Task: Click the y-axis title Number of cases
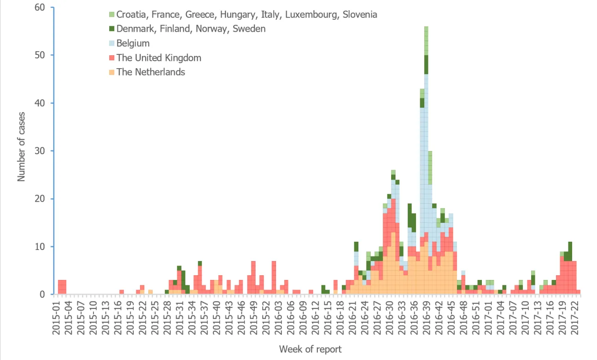coord(22,151)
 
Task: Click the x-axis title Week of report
coord(310,349)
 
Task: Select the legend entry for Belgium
coord(133,43)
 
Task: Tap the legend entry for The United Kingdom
coord(159,58)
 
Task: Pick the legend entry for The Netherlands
coord(151,72)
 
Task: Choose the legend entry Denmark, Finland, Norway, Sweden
coord(191,29)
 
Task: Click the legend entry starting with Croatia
coord(246,15)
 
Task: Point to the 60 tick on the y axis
coord(40,7)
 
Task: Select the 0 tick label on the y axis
coord(42,294)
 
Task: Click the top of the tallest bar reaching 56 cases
coord(426,27)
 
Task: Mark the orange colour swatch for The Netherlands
coord(112,72)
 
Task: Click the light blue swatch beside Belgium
coord(112,43)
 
